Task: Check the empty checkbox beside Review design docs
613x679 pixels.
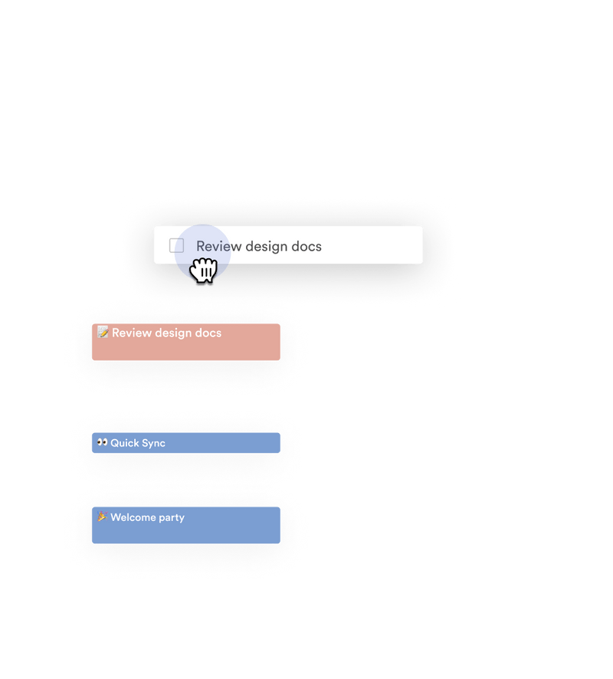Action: point(176,246)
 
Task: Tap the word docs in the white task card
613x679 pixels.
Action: point(306,246)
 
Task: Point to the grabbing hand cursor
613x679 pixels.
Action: point(205,271)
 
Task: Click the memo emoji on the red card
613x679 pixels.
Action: point(103,333)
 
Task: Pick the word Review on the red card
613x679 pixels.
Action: point(131,333)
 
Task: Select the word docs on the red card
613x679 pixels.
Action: point(208,333)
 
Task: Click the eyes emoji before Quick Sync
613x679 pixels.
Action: point(102,442)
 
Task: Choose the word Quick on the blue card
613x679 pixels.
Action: point(125,443)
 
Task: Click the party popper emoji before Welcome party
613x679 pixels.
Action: point(102,517)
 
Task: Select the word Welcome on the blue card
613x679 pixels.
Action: point(133,517)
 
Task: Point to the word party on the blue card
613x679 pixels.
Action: point(171,518)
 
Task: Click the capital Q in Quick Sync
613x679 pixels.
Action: point(114,443)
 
